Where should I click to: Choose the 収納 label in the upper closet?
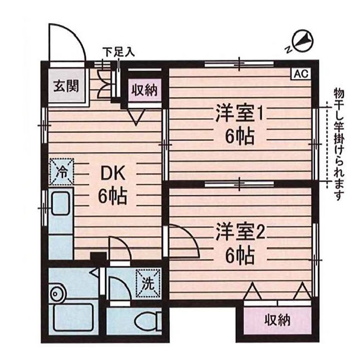(x=145, y=89)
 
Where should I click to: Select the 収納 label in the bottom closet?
(x=277, y=320)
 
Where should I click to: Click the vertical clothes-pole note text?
(x=339, y=144)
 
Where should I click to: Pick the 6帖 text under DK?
(x=113, y=196)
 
